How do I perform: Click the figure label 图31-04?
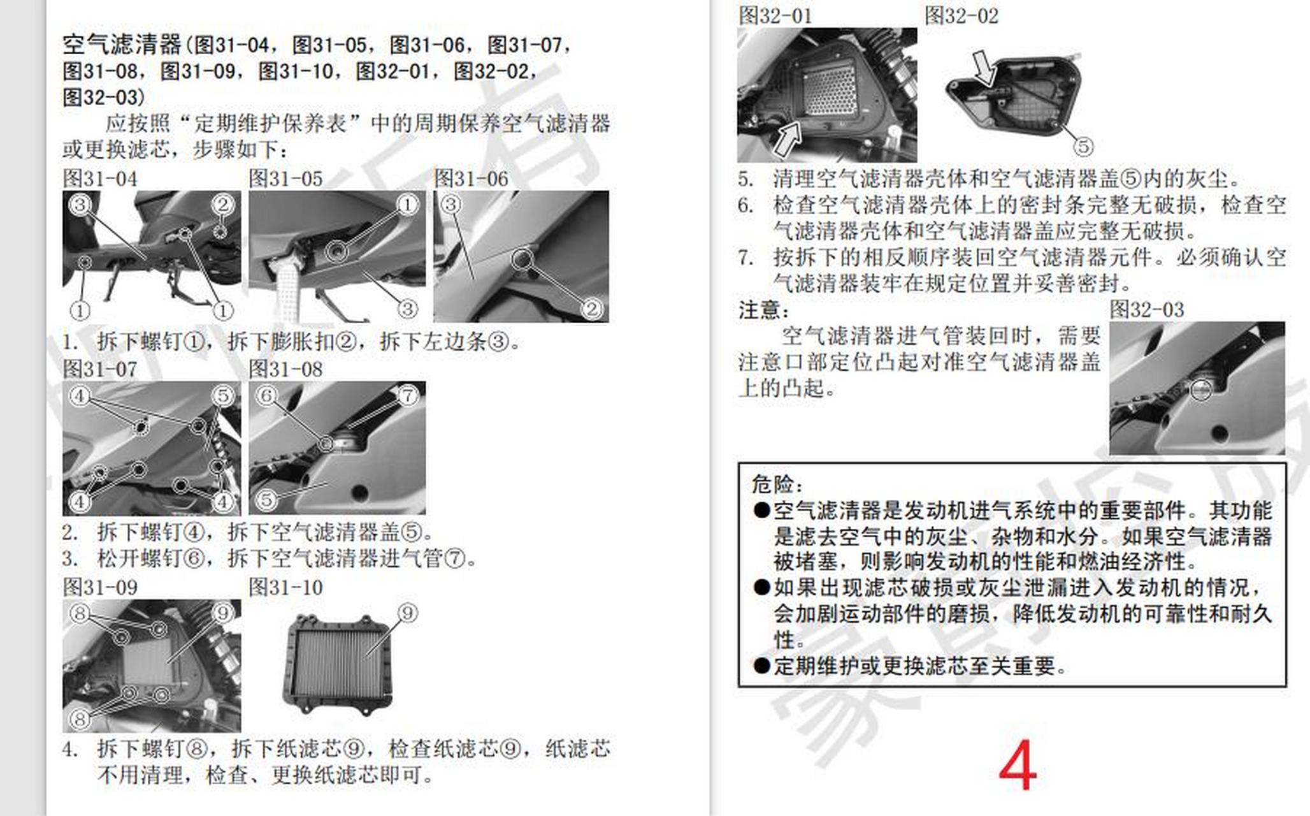click(x=100, y=179)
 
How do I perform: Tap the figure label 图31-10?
click(x=285, y=587)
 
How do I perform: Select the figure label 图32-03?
click(x=1146, y=310)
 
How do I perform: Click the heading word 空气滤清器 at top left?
click(x=122, y=45)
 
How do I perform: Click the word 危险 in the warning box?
click(x=772, y=484)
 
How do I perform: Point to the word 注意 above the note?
click(x=759, y=310)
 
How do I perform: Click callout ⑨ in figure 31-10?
click(x=408, y=613)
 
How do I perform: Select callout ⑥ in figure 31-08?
click(x=266, y=395)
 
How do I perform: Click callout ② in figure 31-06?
click(x=592, y=309)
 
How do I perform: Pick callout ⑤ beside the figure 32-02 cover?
click(x=1083, y=147)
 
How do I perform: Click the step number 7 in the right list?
click(x=745, y=258)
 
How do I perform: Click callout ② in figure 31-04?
click(x=223, y=205)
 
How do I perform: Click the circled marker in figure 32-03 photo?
click(x=1201, y=390)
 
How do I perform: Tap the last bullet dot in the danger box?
click(x=761, y=666)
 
